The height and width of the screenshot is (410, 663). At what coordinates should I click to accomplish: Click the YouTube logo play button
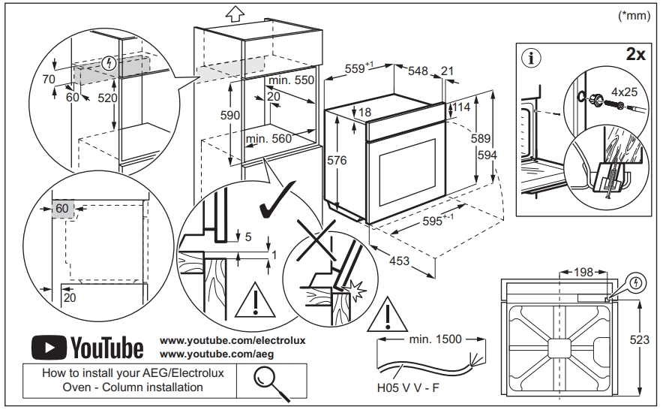coord(50,348)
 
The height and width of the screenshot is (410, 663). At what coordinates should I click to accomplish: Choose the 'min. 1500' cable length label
coord(434,339)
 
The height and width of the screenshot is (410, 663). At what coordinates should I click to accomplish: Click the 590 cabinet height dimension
coord(229,115)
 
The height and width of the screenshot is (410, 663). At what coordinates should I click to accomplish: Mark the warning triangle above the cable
coord(385,315)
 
